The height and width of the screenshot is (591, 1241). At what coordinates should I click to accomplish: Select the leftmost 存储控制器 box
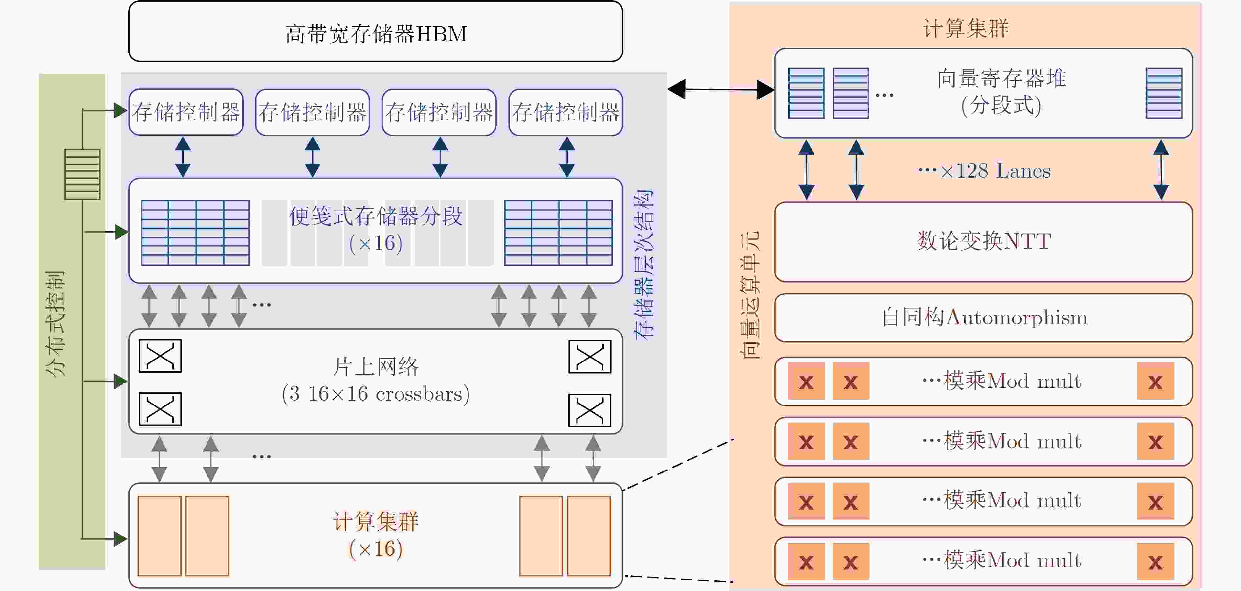[x=186, y=112]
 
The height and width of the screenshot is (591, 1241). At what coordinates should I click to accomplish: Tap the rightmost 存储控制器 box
[x=566, y=112]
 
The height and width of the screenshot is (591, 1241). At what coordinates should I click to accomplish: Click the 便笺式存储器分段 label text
[x=376, y=216]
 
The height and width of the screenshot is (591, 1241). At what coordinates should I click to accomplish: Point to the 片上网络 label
[x=376, y=366]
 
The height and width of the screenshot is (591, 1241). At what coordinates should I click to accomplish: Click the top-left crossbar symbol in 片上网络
[x=160, y=356]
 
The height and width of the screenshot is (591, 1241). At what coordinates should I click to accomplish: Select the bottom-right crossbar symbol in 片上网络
[x=590, y=410]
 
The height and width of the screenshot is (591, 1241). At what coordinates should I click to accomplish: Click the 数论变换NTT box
[x=983, y=242]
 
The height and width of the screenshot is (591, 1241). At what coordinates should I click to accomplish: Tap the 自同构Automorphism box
[x=983, y=318]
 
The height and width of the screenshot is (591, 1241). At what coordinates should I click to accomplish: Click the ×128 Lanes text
[x=995, y=171]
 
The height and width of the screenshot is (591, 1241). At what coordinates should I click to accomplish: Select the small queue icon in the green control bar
[x=82, y=174]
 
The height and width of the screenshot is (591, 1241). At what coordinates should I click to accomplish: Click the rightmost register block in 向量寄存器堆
[x=1164, y=93]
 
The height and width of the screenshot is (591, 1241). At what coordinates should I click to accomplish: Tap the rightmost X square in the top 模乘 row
[x=1155, y=381]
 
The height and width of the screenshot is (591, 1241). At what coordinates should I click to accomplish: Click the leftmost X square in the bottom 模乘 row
[x=806, y=561]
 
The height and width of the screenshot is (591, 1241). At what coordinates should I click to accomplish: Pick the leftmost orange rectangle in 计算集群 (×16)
[x=160, y=536]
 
